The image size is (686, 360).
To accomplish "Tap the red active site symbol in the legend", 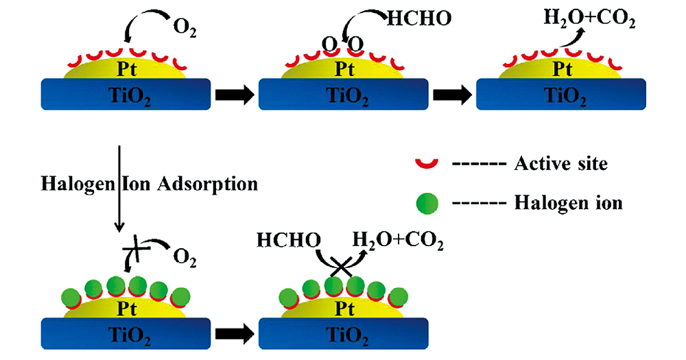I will (426, 163).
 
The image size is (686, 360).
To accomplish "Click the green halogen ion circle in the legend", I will (426, 202).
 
